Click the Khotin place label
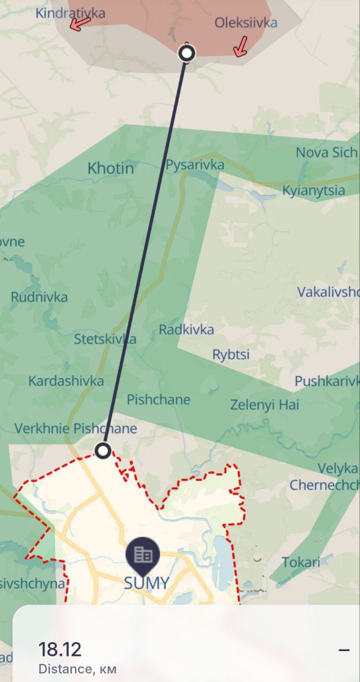pyautogui.click(x=111, y=168)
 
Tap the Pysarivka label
pyautogui.click(x=195, y=165)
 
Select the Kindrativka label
pyautogui.click(x=70, y=12)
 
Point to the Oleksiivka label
pyautogui.click(x=246, y=23)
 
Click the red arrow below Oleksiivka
pyautogui.click(x=241, y=47)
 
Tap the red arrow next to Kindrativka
pyautogui.click(x=80, y=23)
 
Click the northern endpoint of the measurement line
pyautogui.click(x=186, y=53)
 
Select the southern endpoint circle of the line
pyautogui.click(x=103, y=451)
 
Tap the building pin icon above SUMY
pyautogui.click(x=143, y=555)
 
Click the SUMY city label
pyautogui.click(x=146, y=583)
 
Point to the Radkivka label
pyautogui.click(x=186, y=330)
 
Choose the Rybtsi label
pyautogui.click(x=231, y=354)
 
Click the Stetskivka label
pyautogui.click(x=105, y=339)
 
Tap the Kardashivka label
pyautogui.click(x=66, y=381)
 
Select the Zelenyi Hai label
pyautogui.click(x=265, y=405)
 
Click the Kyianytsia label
pyautogui.click(x=314, y=191)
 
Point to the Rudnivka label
pyautogui.click(x=39, y=297)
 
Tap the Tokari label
pyautogui.click(x=301, y=562)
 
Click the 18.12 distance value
pyautogui.click(x=60, y=649)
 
